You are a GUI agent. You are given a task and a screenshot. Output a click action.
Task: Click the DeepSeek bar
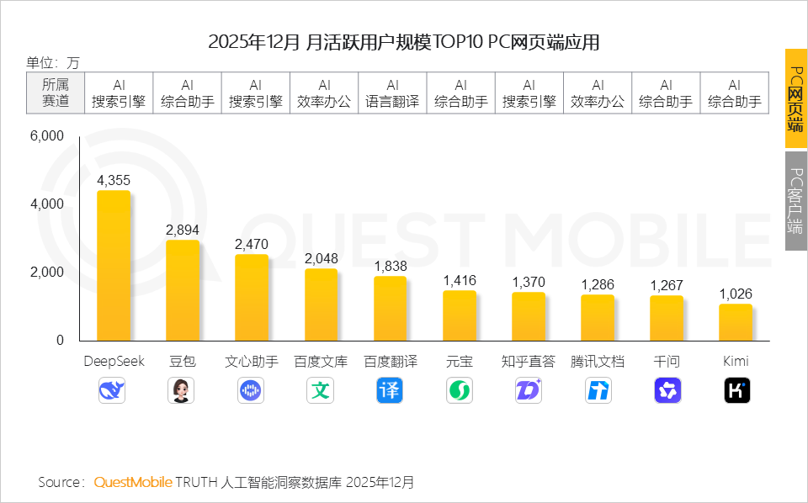point(114,266)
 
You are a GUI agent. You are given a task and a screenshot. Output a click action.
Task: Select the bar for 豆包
point(183,290)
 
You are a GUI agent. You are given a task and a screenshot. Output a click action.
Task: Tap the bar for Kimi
point(736,322)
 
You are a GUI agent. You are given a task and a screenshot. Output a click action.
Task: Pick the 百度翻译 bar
point(391,308)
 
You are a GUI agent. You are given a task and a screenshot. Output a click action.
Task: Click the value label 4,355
point(114,181)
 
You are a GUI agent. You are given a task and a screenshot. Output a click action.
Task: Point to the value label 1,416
point(460,281)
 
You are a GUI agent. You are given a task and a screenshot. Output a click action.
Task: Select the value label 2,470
point(252,245)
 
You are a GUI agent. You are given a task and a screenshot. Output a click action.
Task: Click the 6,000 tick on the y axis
point(47,136)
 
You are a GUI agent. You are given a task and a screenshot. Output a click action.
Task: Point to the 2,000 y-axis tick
point(47,273)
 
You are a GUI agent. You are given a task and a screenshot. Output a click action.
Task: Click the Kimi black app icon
point(736,390)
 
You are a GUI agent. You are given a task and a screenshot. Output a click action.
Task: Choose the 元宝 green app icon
point(460,390)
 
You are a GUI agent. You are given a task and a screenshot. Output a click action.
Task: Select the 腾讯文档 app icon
point(598,390)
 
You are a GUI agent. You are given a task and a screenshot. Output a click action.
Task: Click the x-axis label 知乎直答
point(529,362)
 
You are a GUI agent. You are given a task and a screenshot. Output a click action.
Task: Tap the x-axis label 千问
point(667,362)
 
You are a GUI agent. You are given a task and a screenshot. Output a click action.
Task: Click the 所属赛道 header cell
point(55,93)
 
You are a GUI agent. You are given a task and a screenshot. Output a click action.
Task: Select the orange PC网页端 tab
point(795,98)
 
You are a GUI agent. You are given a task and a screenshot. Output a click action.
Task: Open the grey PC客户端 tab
point(795,200)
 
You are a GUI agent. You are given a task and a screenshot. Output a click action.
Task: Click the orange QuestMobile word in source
point(132,483)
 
